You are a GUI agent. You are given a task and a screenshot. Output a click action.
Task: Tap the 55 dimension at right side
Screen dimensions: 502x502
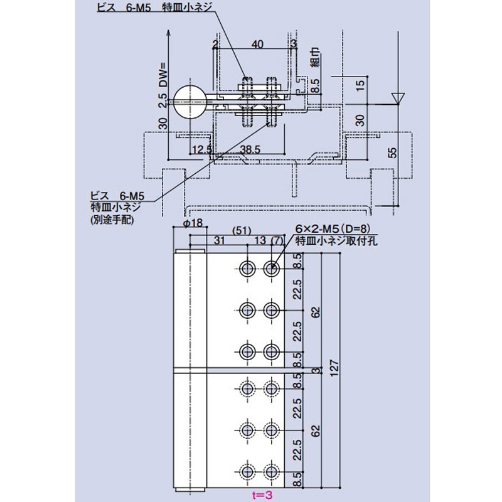point(392,154)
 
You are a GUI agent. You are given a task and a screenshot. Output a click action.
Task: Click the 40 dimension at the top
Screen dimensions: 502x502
point(257,44)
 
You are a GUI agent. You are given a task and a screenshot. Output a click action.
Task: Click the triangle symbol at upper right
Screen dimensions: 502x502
point(397,98)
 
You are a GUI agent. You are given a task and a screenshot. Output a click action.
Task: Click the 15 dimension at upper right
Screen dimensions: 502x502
point(359,84)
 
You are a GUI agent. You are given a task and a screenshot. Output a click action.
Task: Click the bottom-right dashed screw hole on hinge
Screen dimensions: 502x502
point(271,471)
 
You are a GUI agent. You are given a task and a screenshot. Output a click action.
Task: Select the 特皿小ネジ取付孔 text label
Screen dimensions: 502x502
point(336,241)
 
